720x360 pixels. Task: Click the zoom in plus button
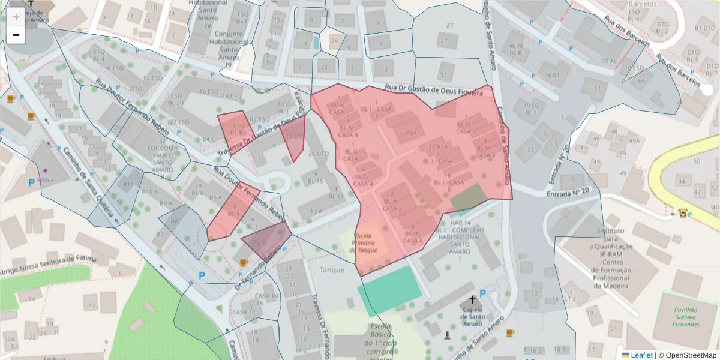[x=16, y=17]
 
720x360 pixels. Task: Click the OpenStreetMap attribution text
[x=687, y=355]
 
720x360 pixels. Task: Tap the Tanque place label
[x=332, y=270]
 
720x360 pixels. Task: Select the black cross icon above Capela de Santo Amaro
[x=472, y=299]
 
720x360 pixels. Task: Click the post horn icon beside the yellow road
[x=682, y=212]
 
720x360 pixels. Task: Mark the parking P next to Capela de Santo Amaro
[x=482, y=293]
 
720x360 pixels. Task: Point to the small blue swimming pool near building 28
[x=316, y=43]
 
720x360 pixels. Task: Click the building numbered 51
[x=443, y=74]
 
